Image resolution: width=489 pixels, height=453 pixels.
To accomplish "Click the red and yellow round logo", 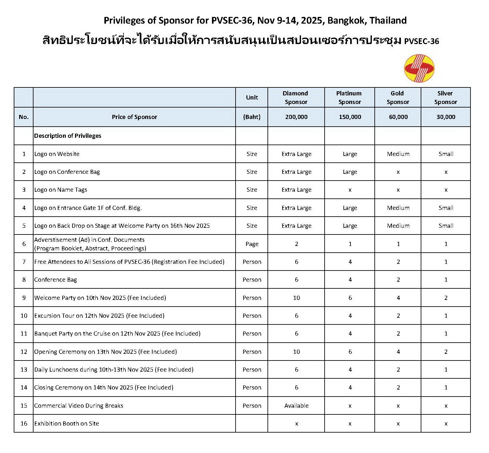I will (419, 68).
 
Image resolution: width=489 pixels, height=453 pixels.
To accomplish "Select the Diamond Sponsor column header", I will (296, 98).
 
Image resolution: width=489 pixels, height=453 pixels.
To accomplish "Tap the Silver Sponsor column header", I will (445, 98).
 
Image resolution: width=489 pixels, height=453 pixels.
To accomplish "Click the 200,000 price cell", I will (296, 117).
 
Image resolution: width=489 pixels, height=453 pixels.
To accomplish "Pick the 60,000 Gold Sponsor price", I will (398, 117).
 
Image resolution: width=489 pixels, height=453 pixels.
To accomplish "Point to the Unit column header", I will (252, 98).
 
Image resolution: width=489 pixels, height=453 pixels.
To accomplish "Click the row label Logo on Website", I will (57, 154).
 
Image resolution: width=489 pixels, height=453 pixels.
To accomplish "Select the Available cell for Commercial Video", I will (296, 406).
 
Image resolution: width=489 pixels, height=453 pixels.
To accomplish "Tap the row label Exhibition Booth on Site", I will (66, 424).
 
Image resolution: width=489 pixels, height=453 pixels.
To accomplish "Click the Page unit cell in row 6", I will (252, 244).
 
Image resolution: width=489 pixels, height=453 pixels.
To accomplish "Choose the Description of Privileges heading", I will (68, 136).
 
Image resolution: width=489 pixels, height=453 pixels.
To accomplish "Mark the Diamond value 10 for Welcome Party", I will (296, 298).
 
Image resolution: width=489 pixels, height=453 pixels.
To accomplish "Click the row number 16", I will (24, 424).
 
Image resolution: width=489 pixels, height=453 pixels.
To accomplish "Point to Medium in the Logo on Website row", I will (398, 154).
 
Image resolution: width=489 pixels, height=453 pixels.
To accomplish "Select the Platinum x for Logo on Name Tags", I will (350, 190).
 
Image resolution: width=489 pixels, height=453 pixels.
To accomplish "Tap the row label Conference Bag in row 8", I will (56, 280).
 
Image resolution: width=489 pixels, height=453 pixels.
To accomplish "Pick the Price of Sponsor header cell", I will (134, 117).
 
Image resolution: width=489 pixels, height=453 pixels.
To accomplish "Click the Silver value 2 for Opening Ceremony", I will (446, 352).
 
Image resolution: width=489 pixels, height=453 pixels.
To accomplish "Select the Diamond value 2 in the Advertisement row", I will (296, 244).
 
